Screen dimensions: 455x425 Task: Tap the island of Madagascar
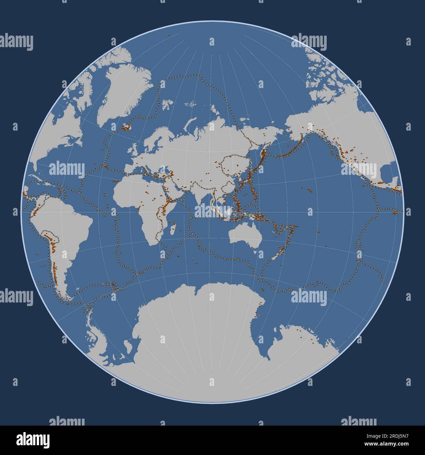click(x=174, y=228)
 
